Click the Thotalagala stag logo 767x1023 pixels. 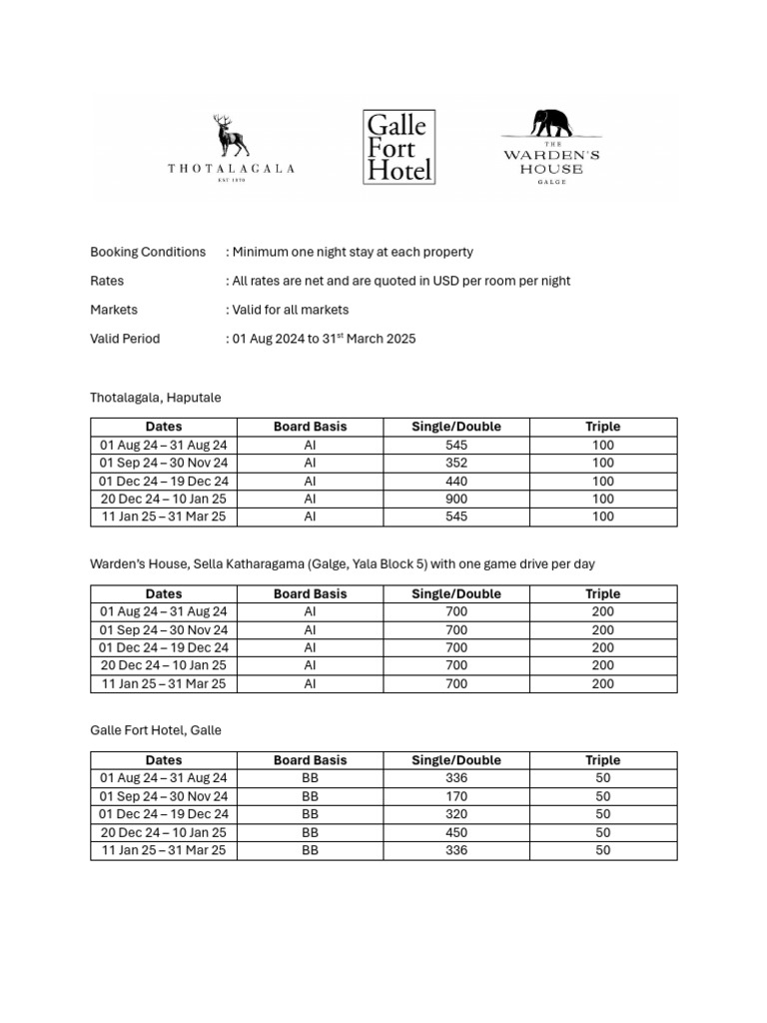232,137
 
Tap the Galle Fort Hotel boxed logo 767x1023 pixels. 398,147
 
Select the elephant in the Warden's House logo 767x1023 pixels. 551,122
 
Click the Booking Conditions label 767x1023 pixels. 148,252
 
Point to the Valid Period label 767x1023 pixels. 125,339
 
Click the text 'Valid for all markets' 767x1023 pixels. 291,310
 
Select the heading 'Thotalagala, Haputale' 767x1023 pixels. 156,398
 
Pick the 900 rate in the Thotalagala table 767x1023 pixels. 455,499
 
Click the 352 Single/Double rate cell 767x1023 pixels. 455,463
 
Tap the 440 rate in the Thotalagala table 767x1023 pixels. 455,481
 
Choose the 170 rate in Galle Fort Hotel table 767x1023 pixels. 455,796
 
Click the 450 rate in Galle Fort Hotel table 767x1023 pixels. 455,832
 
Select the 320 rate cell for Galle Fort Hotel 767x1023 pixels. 455,814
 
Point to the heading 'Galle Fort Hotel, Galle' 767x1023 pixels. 156,730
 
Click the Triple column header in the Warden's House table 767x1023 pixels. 602,593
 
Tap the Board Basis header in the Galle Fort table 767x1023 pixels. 310,760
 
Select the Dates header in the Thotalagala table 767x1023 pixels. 164,427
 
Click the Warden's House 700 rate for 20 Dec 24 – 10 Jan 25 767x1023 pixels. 455,665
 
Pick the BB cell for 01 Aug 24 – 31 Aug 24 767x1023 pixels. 310,778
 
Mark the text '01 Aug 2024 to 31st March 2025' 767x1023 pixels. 325,339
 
